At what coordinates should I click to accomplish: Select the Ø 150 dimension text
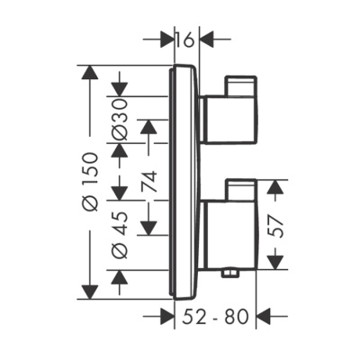tap(88, 181)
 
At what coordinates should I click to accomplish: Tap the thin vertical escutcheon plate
tap(183, 180)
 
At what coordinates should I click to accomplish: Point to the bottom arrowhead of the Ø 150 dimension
tap(88, 290)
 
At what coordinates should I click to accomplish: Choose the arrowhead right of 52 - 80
tap(266, 316)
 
